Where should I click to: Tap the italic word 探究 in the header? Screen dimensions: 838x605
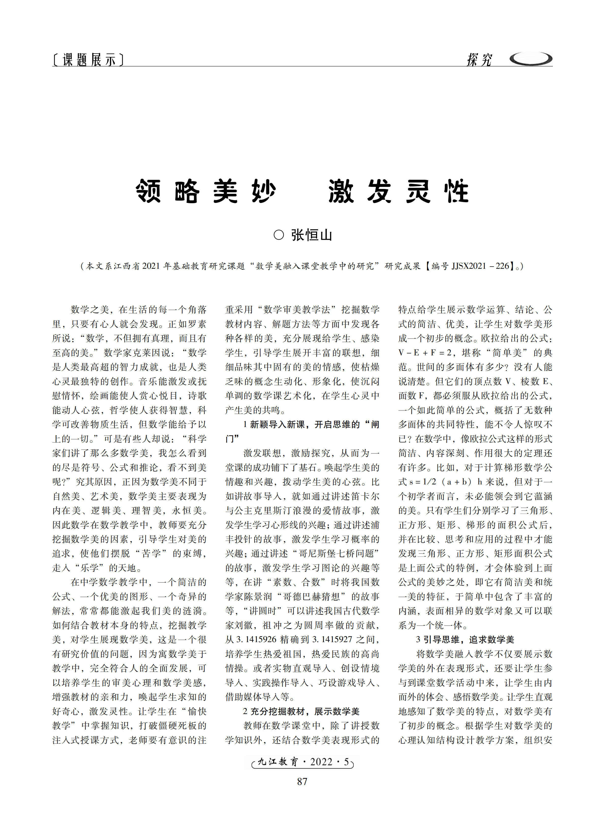click(x=479, y=59)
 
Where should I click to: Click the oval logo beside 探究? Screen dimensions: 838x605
click(x=531, y=59)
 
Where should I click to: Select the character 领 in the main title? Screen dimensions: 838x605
click(x=148, y=191)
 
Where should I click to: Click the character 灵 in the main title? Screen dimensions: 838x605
click(x=418, y=191)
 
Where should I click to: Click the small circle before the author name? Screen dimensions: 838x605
click(x=279, y=235)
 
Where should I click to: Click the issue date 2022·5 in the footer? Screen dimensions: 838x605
click(x=330, y=762)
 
